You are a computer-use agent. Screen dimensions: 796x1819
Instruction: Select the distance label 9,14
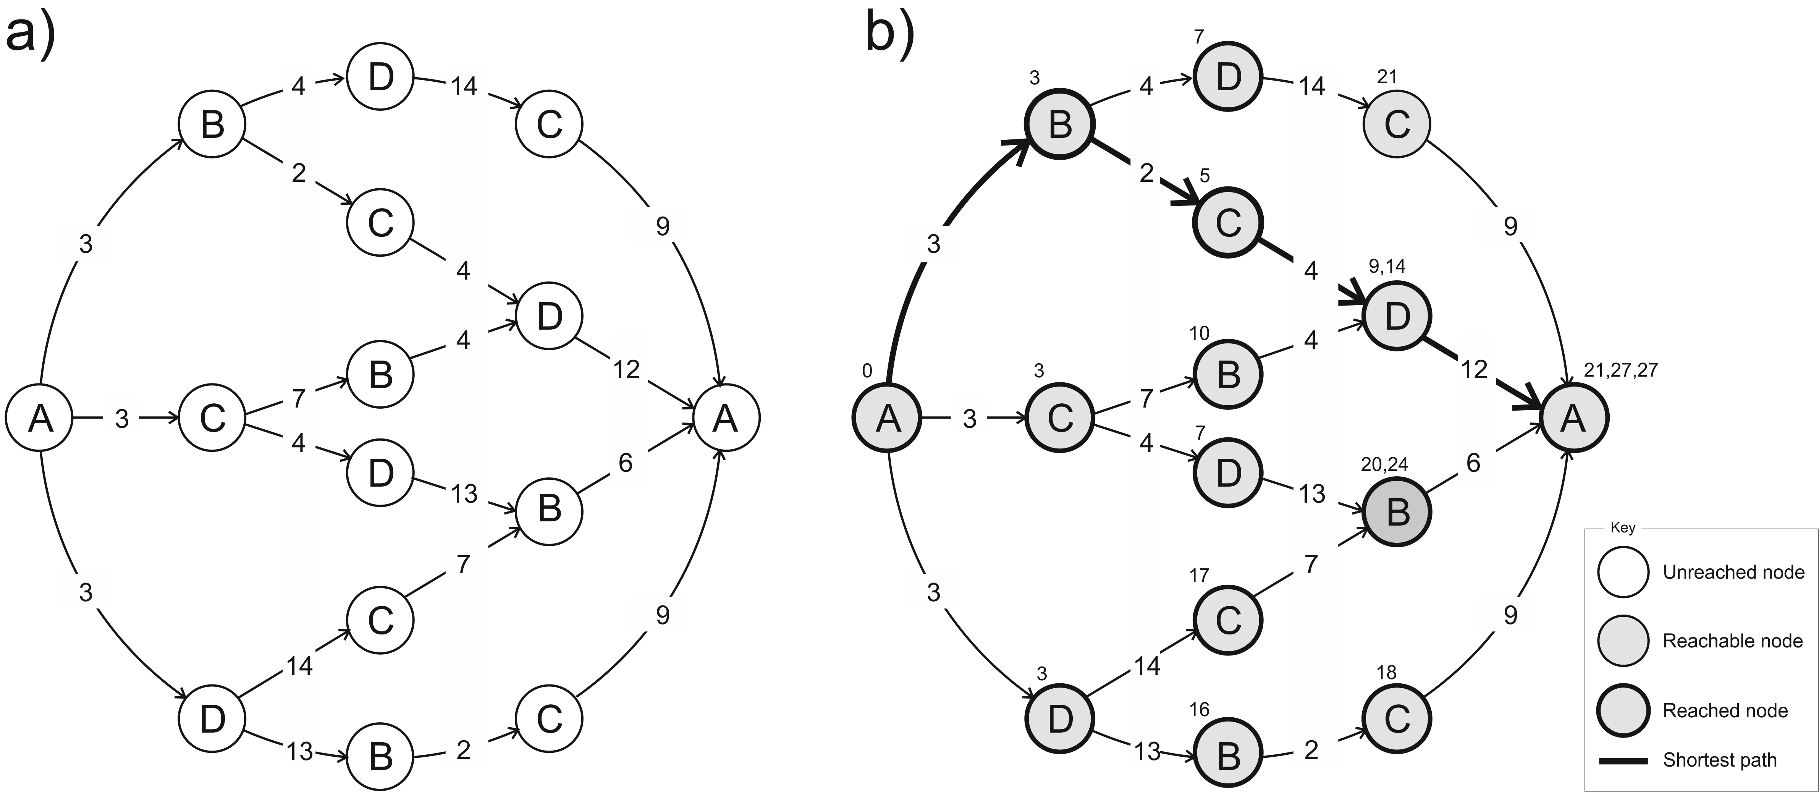[x=1387, y=266]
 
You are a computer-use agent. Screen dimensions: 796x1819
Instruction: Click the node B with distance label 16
[x=1228, y=756]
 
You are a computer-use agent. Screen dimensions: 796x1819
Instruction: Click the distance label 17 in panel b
[x=1199, y=576]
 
